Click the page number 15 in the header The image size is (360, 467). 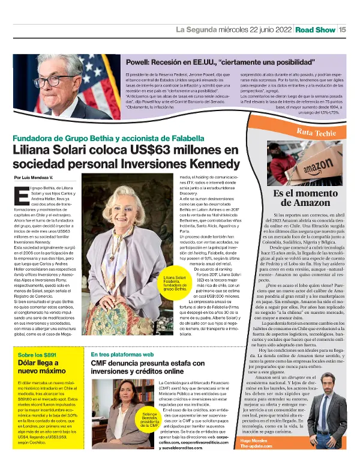(x=342, y=29)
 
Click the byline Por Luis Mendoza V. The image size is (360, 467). (x=34, y=178)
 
